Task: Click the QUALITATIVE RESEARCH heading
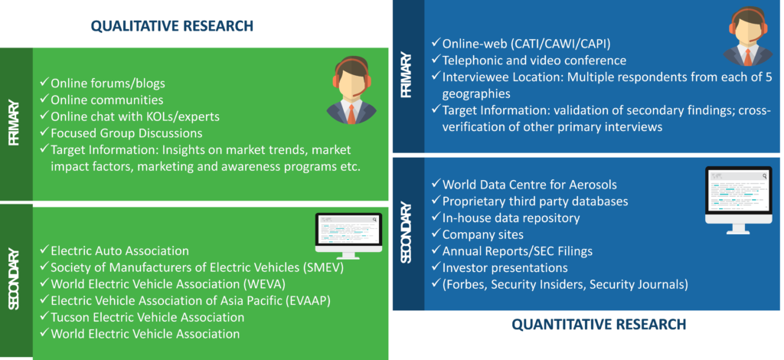[172, 25]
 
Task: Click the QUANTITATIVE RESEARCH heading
[599, 325]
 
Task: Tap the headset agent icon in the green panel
[351, 90]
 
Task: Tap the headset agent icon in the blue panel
[748, 37]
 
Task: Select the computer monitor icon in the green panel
[348, 235]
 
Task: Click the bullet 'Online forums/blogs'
[103, 83]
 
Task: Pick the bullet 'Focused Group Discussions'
[121, 133]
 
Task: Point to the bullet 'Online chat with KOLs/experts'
[129, 116]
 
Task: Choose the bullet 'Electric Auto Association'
[115, 250]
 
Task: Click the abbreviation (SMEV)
[323, 267]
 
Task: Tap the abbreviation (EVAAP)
[308, 300]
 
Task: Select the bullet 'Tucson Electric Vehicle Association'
[142, 317]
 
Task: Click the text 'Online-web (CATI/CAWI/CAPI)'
[521, 44]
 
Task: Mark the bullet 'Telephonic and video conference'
[529, 60]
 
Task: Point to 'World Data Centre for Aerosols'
[524, 184]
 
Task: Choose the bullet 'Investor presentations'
[499, 267]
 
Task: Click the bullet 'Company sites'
[478, 234]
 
